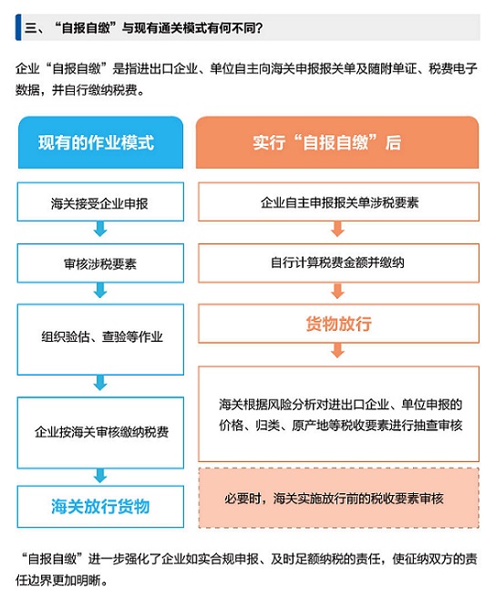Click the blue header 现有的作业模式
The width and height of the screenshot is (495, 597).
click(x=100, y=142)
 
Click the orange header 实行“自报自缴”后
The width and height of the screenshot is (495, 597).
click(x=337, y=142)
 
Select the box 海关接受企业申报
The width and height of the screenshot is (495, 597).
click(x=100, y=201)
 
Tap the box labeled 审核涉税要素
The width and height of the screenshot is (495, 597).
click(x=100, y=263)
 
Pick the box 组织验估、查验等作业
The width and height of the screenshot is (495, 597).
click(x=100, y=339)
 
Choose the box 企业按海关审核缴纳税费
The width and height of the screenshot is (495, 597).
click(x=100, y=433)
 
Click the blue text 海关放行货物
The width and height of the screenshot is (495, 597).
click(x=100, y=507)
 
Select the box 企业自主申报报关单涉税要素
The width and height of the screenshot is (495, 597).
click(x=338, y=201)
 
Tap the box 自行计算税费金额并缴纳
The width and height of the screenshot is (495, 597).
click(x=338, y=263)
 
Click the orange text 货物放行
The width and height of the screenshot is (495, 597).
click(x=339, y=324)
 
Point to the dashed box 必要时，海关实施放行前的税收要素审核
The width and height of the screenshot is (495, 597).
click(x=338, y=498)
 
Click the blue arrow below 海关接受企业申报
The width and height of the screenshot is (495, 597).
click(x=100, y=229)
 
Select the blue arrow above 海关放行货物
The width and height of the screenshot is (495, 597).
click(x=100, y=476)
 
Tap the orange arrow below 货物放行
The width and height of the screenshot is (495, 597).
click(x=337, y=351)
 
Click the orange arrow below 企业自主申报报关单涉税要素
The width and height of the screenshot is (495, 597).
click(x=337, y=229)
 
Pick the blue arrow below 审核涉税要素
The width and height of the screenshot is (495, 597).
click(x=100, y=290)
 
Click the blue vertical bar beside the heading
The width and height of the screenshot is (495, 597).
click(x=18, y=27)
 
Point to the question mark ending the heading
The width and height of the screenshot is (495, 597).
click(x=259, y=27)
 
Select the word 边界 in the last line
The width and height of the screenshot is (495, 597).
click(x=39, y=581)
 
